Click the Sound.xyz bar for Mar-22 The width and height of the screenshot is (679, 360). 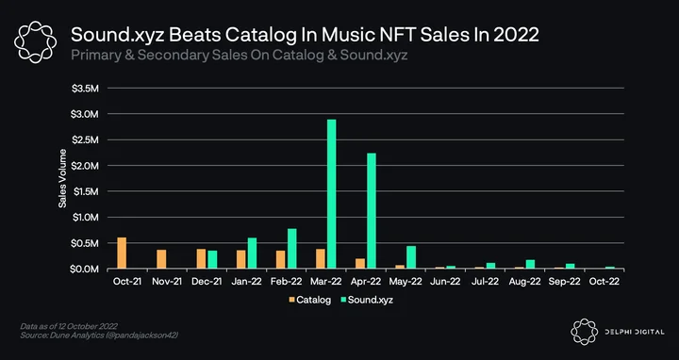(331, 194)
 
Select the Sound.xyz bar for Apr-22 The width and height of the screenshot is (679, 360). (372, 211)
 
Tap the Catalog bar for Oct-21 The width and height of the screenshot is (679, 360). (122, 254)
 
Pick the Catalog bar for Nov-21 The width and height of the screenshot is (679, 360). (161, 259)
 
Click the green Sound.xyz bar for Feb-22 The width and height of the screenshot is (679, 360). (291, 249)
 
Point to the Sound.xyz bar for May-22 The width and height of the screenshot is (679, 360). (411, 257)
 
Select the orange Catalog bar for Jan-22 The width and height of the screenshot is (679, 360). (240, 259)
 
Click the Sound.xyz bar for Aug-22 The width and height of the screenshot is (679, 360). (530, 265)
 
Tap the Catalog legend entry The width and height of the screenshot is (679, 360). (310, 300)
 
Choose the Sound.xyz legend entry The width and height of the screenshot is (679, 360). (367, 300)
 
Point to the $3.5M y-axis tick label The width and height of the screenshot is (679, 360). (85, 89)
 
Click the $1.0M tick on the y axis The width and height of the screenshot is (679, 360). (85, 217)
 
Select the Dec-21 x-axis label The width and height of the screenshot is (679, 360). (207, 281)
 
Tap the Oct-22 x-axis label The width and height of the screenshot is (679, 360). (604, 281)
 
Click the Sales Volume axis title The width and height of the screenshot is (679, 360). (63, 178)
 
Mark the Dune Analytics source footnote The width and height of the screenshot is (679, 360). (99, 335)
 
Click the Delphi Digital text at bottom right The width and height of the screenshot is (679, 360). (635, 332)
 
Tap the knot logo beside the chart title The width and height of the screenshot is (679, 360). (35, 42)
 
